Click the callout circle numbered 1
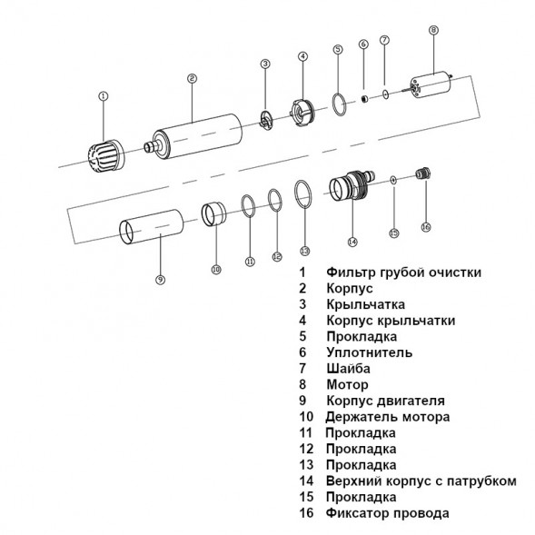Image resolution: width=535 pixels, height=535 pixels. (x=103, y=94)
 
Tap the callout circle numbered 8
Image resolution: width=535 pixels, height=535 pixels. (x=432, y=31)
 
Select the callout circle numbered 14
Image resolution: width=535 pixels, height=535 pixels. (x=352, y=241)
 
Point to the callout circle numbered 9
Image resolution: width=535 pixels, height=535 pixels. (x=160, y=279)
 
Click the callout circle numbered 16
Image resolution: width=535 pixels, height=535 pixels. (x=426, y=226)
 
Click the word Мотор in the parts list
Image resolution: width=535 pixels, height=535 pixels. (x=346, y=384)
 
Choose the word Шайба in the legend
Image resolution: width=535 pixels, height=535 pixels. (x=348, y=368)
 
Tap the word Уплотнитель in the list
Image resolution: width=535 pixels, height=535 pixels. (x=370, y=352)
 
